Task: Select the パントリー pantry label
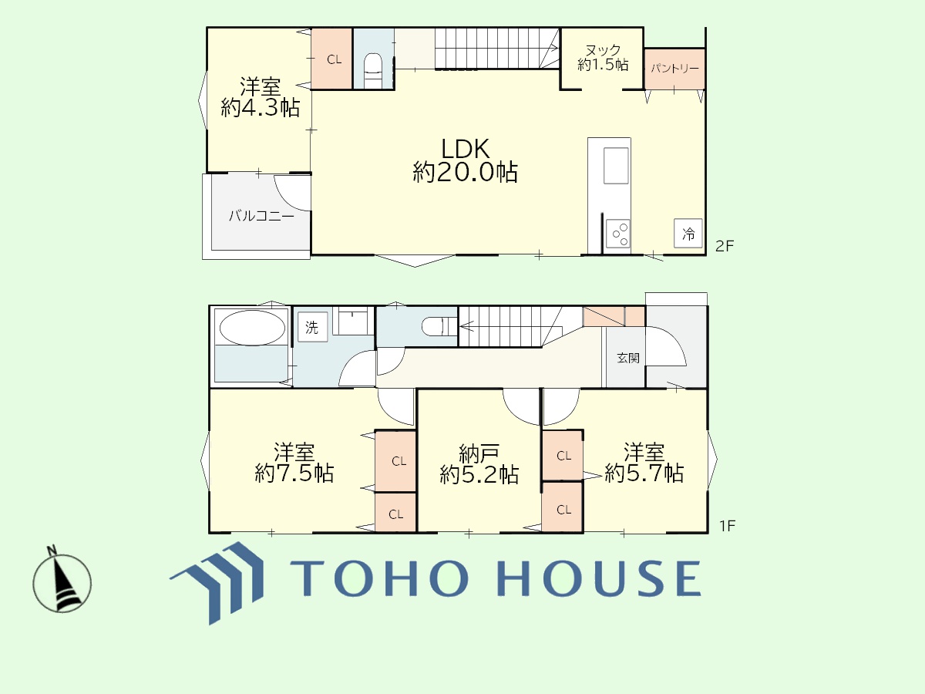coord(674,69)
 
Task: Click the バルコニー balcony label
coord(261,216)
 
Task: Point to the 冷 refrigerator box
coord(688,233)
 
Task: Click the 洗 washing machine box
coord(312,326)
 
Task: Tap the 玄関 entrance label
coord(628,358)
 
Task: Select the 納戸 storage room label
coord(479,453)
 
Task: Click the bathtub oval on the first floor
coord(252,328)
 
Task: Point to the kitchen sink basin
coord(616,166)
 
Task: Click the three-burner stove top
coord(617,234)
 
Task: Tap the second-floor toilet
coord(372,70)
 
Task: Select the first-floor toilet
coord(439,327)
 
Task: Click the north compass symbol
coord(62,580)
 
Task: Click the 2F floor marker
coord(725,246)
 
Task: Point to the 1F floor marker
coord(727,526)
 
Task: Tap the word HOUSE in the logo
coord(600,578)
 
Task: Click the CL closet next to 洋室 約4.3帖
coord(331,59)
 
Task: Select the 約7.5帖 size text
coord(294,473)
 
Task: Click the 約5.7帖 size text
coord(644,473)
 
